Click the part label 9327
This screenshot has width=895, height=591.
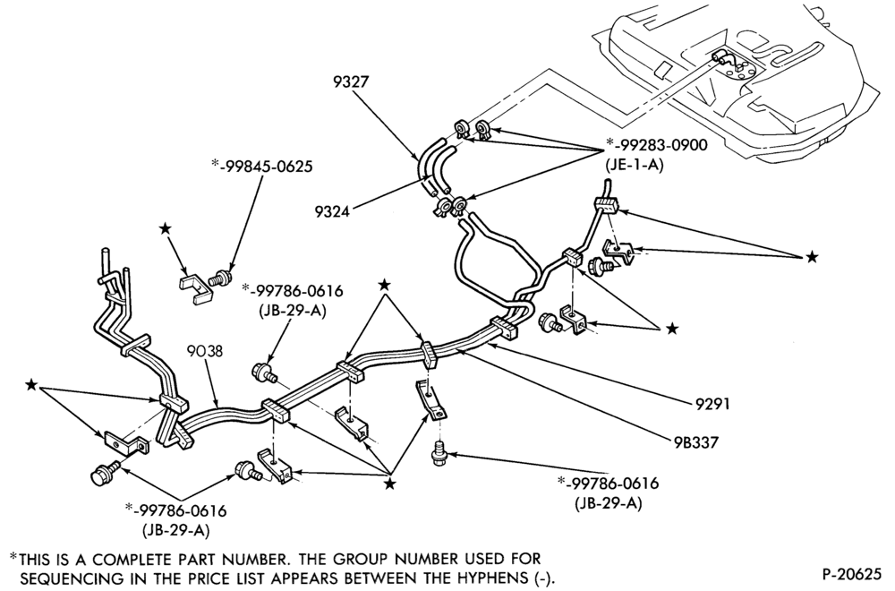coord(351,81)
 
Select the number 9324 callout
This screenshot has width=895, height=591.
coord(332,212)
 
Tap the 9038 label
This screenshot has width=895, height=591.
coord(205,351)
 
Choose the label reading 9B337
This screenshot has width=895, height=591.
coord(695,442)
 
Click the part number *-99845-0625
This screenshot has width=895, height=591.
coord(262,167)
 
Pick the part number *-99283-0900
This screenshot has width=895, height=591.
coord(656,144)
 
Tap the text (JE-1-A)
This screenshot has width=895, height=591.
coord(634,167)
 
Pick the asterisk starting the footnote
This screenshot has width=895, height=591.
coord(13,555)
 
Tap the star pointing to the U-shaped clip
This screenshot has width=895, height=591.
coord(165,229)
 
